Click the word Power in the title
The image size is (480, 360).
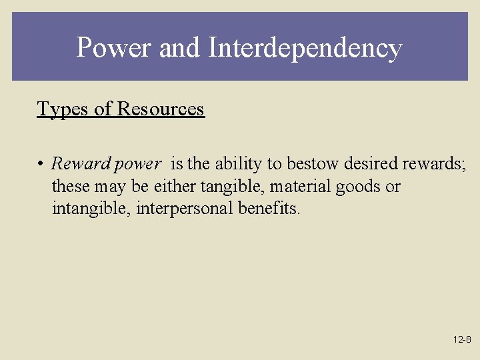tap(114, 48)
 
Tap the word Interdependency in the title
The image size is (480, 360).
tap(305, 49)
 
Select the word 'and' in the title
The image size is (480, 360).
tap(180, 48)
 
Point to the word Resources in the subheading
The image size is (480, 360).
tap(161, 109)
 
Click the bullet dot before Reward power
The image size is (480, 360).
tap(41, 164)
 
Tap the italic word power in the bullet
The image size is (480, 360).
tap(137, 164)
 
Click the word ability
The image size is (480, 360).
tap(237, 163)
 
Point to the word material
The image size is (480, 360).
tap(300, 186)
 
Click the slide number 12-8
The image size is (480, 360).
tap(462, 339)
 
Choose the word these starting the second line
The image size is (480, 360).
tap(69, 186)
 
